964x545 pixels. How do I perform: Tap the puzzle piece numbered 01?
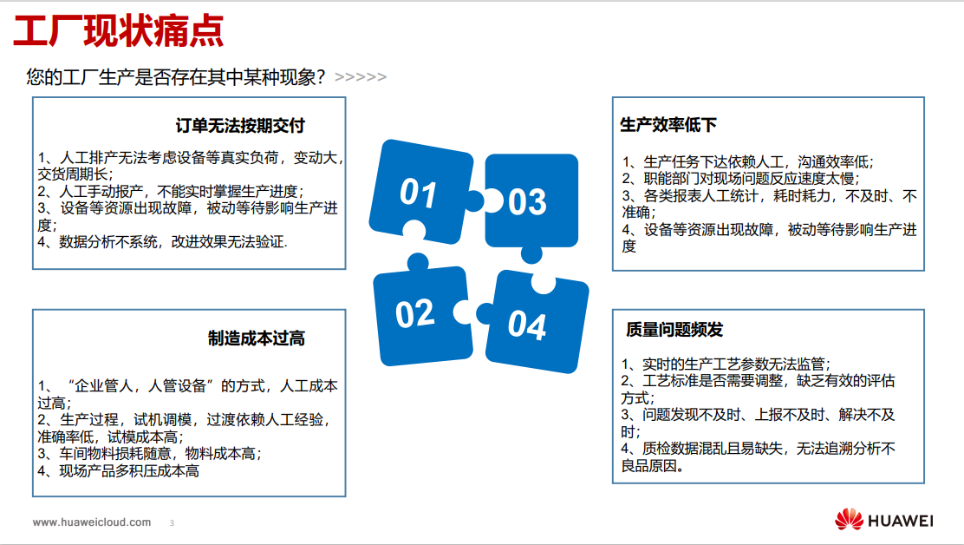(x=421, y=193)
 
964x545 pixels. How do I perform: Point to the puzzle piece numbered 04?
(x=535, y=323)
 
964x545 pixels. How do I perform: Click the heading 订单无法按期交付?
(x=240, y=126)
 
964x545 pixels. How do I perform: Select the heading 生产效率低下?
(x=668, y=125)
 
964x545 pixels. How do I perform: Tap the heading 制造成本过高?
(x=257, y=338)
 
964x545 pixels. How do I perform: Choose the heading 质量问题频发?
(x=674, y=330)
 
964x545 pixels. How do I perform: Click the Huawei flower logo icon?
(x=849, y=520)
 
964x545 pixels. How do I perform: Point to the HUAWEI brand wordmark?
(x=901, y=521)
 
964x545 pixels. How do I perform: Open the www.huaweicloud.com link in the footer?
(x=92, y=522)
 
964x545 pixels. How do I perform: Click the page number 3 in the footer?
(x=172, y=522)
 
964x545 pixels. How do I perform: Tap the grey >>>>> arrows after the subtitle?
(x=361, y=77)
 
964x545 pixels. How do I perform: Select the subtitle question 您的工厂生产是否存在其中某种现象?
(x=175, y=77)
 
